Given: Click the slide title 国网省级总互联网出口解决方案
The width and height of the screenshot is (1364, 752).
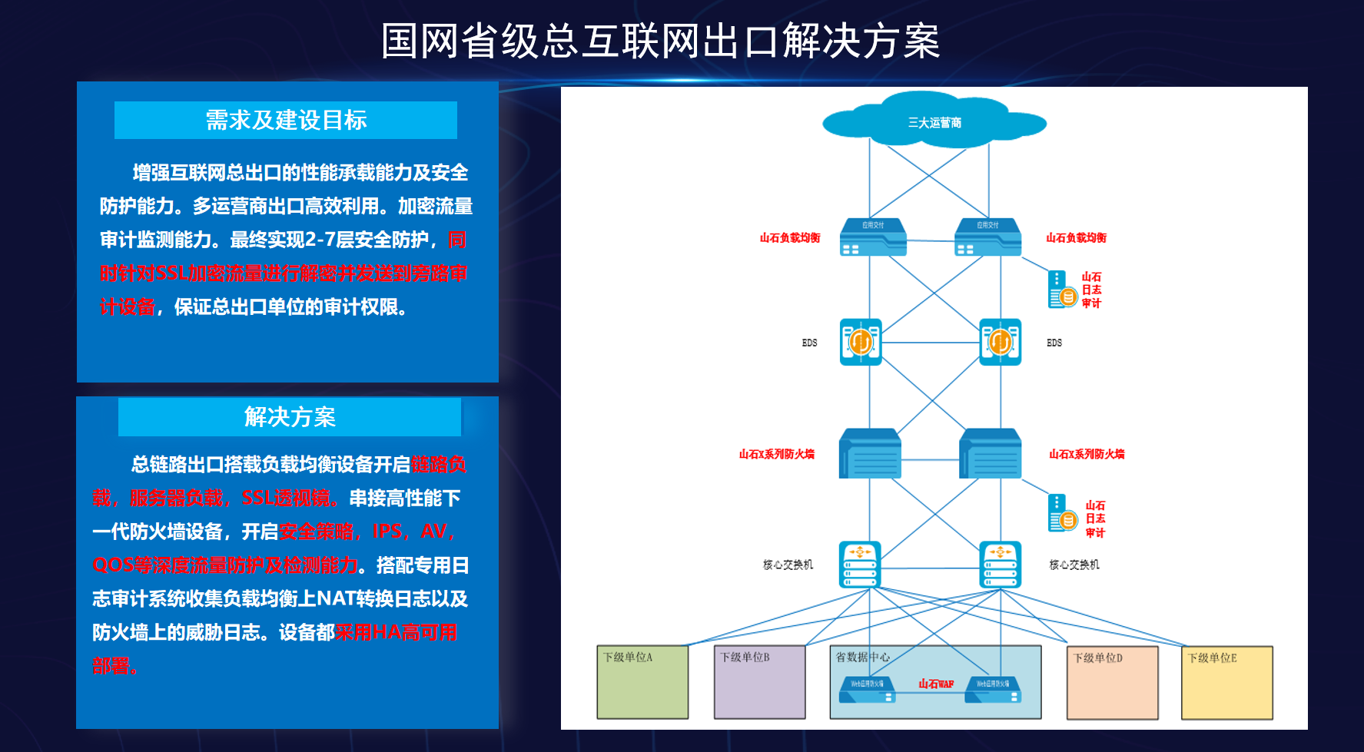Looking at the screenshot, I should [660, 41].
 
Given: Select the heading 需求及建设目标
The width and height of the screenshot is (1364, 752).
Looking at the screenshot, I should [286, 121].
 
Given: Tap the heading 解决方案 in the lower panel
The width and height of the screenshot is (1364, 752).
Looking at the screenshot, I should [290, 417].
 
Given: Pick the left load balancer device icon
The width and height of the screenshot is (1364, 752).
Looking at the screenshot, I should [872, 237].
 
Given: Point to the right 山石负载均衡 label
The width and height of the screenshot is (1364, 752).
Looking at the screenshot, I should [1076, 238].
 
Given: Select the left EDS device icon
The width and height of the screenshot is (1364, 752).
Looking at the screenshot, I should [861, 342].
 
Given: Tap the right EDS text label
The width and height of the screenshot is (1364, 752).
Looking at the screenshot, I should [1054, 343].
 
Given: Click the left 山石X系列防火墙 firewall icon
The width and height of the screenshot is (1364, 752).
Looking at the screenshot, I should [870, 454].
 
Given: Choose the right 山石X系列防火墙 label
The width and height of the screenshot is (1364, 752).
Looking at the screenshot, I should [1087, 454].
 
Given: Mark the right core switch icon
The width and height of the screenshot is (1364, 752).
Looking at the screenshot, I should [1001, 565].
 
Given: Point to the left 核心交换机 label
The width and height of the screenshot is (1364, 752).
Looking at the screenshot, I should [788, 565].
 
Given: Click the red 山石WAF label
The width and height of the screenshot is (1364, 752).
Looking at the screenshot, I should [936, 684].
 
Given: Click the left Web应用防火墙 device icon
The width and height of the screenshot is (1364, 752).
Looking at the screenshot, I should [867, 690].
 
